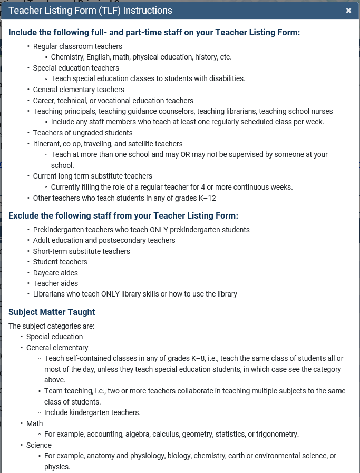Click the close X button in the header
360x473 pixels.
pos(348,11)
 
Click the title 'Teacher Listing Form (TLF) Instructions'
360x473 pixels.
pos(91,11)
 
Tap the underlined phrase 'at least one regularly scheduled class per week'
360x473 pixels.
pos(248,122)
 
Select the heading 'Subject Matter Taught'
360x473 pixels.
pos(52,312)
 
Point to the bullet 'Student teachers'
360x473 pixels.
pos(60,262)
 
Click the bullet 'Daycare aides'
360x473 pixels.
pos(55,273)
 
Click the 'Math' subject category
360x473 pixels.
pos(35,423)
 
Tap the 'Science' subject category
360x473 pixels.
pos(39,445)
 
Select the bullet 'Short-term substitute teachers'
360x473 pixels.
pos(81,251)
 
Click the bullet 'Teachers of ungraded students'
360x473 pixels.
pos(83,133)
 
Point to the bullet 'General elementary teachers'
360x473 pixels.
pos(79,90)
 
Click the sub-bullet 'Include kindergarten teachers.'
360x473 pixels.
pos(92,412)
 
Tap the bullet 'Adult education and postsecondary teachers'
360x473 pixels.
pos(104,240)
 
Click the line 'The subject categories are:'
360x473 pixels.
pos(52,326)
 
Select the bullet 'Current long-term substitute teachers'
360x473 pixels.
pos(92,176)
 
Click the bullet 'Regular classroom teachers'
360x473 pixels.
pos(77,46)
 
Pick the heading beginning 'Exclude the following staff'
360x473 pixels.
pos(123,215)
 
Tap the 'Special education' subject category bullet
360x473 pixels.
pos(54,337)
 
